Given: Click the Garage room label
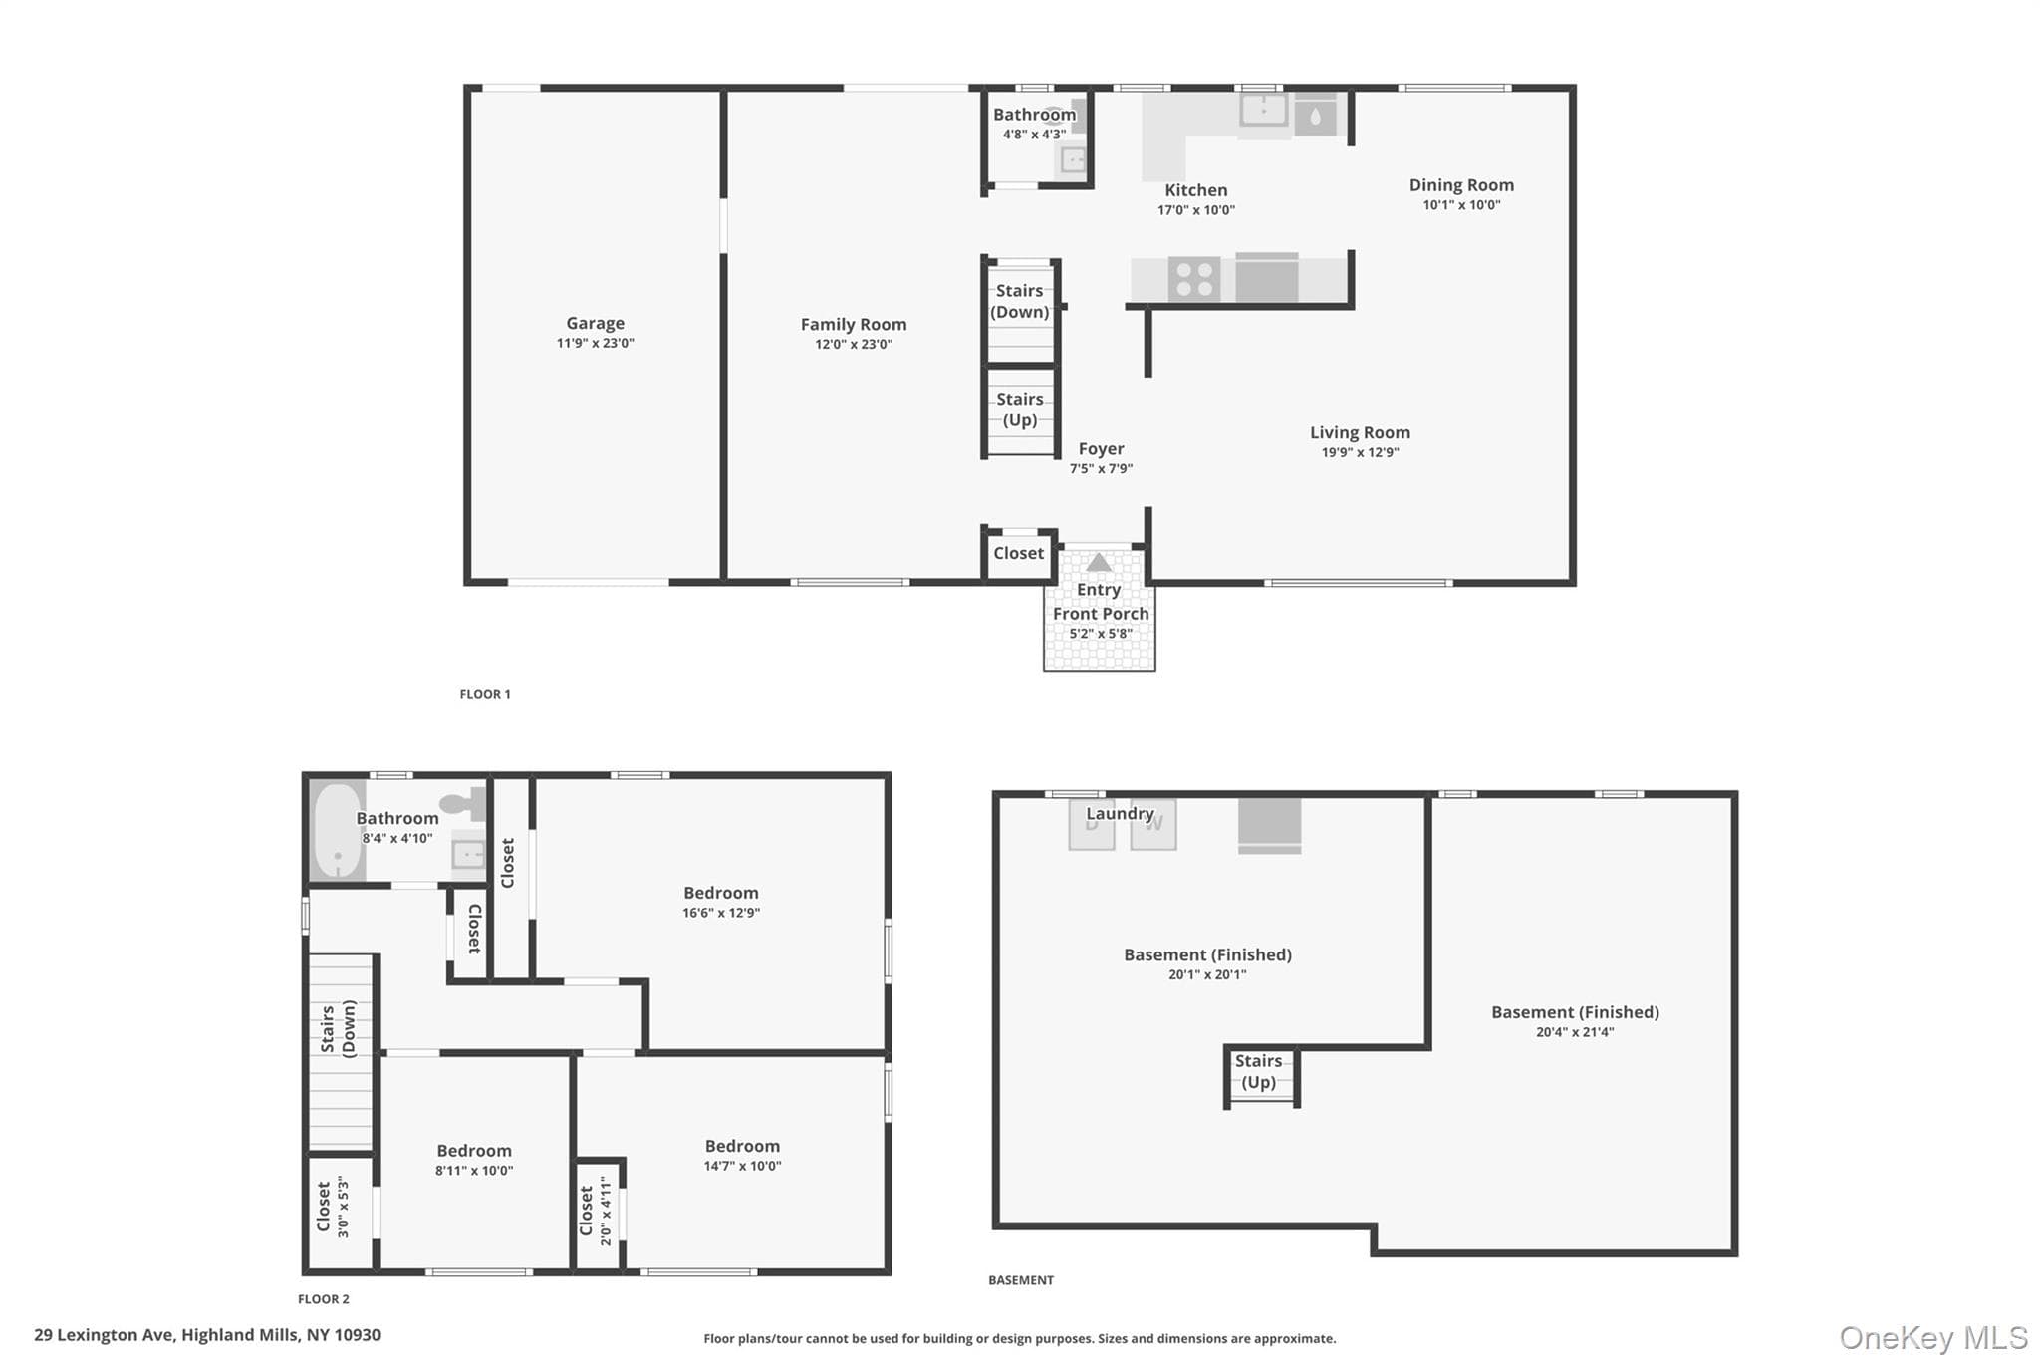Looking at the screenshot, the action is (x=596, y=323).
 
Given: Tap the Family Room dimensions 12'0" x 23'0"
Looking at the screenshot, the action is (x=854, y=345).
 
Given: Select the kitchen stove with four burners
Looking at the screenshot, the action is (x=1194, y=278).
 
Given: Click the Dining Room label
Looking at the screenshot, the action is (x=1461, y=185).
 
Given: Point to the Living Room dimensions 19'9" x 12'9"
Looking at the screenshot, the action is (x=1360, y=452).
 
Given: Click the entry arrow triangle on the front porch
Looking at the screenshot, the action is (x=1099, y=562).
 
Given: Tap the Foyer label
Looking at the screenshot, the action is (x=1101, y=449).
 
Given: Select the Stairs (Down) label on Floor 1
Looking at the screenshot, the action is (x=1020, y=301).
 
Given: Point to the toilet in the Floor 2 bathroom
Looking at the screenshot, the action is (x=462, y=802).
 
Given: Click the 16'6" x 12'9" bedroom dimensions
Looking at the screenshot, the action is (x=721, y=913).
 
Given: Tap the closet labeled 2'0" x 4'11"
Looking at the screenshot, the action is (x=595, y=1210).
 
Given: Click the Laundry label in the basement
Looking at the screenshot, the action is (x=1120, y=814).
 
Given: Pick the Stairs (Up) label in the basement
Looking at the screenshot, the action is (x=1258, y=1072).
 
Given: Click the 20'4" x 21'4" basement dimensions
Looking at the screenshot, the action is (x=1575, y=1032).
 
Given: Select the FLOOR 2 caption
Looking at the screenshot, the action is (x=324, y=1299).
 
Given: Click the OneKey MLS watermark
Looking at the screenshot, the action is (x=1933, y=1337).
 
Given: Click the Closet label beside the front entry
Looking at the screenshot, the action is (x=1018, y=553).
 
